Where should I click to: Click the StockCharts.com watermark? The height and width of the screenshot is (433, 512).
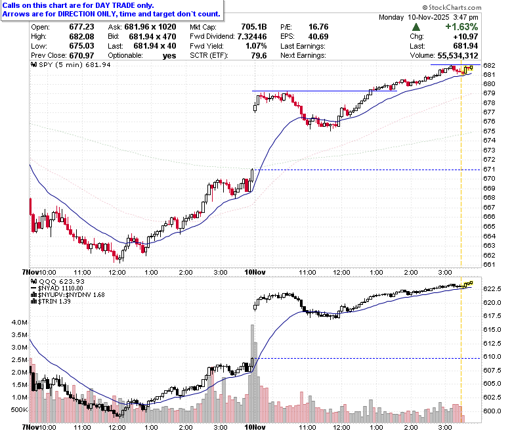pyautogui.click(x=452, y=7)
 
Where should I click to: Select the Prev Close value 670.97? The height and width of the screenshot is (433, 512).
pyautogui.click(x=81, y=56)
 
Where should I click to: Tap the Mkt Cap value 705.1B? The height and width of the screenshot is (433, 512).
pyautogui.click(x=254, y=27)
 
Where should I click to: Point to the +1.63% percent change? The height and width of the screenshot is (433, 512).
pyautogui.click(x=461, y=27)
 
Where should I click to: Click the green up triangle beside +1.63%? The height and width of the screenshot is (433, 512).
pyautogui.click(x=416, y=27)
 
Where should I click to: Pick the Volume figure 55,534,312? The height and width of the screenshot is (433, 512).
pyautogui.click(x=458, y=56)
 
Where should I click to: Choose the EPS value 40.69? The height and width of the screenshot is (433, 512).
pyautogui.click(x=318, y=37)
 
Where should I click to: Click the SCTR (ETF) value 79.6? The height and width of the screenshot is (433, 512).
pyautogui.click(x=259, y=56)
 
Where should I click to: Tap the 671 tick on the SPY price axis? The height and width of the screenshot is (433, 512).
pyautogui.click(x=489, y=170)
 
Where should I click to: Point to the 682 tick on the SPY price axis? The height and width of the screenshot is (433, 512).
pyautogui.click(x=489, y=65)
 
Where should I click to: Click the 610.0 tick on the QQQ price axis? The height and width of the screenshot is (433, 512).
pyautogui.click(x=492, y=357)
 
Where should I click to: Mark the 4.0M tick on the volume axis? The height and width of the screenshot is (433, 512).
pyautogui.click(x=19, y=322)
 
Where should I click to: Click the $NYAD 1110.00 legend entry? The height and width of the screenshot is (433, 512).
pyautogui.click(x=57, y=288)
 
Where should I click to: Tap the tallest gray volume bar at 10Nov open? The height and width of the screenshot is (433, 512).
pyautogui.click(x=252, y=373)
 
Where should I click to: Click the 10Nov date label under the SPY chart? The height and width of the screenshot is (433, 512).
pyautogui.click(x=255, y=272)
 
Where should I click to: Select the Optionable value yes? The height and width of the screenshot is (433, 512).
pyautogui.click(x=169, y=56)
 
